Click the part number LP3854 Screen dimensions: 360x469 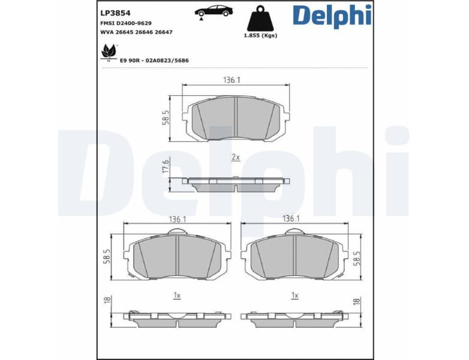point(116,12)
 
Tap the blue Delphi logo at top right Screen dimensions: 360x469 point(332,16)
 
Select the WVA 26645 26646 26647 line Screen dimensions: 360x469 point(136,32)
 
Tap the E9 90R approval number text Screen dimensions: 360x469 point(154,61)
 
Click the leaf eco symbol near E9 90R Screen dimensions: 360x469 point(109,52)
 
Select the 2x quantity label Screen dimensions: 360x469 point(236,157)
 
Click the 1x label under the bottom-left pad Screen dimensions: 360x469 point(177,295)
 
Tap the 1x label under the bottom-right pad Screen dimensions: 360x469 point(294,295)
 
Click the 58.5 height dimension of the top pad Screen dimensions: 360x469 point(166,118)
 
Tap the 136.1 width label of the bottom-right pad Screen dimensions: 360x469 point(291,219)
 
